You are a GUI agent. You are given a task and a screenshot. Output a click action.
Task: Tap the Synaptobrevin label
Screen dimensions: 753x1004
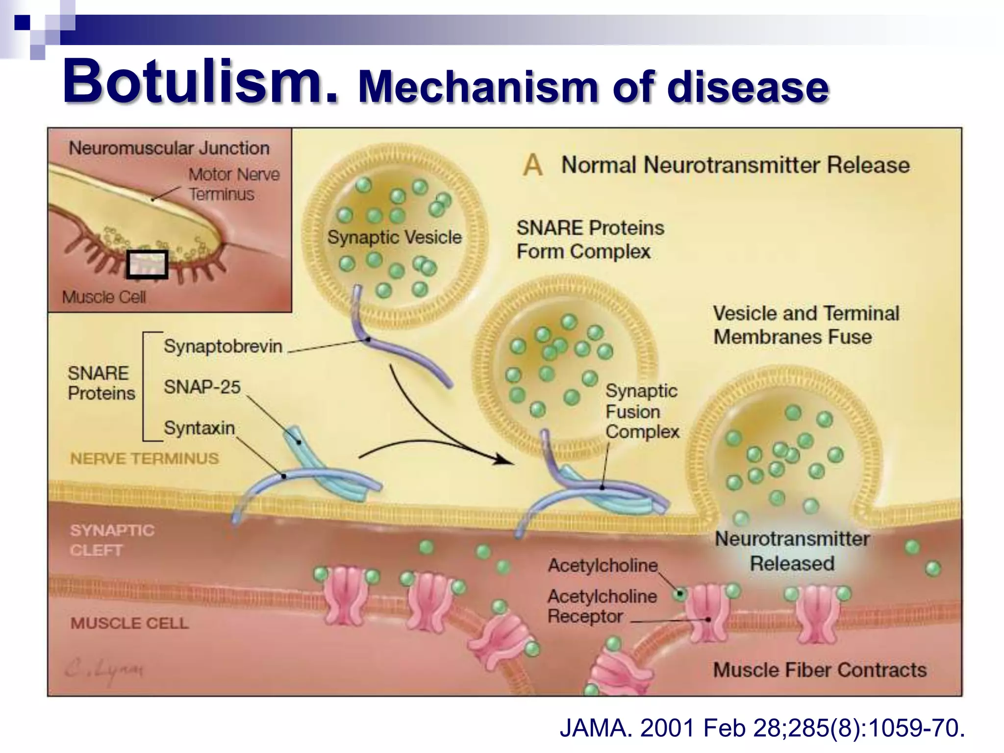223,346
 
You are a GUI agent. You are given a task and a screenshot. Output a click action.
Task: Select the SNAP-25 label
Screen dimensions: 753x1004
202,387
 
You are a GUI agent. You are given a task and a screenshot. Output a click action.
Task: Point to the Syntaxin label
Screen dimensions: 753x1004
199,428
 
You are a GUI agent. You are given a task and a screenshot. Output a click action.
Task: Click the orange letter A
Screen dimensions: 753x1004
532,165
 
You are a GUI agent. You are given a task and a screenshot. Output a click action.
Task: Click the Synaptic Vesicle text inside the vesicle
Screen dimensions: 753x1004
394,237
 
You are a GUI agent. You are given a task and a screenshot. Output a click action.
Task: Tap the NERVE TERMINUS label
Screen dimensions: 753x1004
144,458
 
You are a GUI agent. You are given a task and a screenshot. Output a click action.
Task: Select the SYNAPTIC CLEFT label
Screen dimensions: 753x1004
112,540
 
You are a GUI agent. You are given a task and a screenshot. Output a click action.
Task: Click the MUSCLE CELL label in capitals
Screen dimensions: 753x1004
129,623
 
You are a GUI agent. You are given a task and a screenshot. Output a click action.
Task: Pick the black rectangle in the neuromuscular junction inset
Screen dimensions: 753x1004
147,264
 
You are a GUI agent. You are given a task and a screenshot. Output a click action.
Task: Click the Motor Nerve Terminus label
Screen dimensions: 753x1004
234,184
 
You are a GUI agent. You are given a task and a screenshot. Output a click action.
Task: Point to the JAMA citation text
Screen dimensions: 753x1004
762,728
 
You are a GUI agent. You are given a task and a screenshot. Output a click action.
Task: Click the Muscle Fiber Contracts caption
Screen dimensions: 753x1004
820,670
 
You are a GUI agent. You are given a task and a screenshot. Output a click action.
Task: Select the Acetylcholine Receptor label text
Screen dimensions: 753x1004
602,606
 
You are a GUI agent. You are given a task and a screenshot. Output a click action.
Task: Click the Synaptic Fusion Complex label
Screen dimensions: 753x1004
642,411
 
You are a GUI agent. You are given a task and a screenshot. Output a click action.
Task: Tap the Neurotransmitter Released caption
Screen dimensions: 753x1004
792,551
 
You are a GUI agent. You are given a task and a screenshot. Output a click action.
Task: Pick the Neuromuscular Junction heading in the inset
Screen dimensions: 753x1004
169,148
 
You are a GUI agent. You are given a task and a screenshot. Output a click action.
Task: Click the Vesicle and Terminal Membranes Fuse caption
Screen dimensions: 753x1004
805,325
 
